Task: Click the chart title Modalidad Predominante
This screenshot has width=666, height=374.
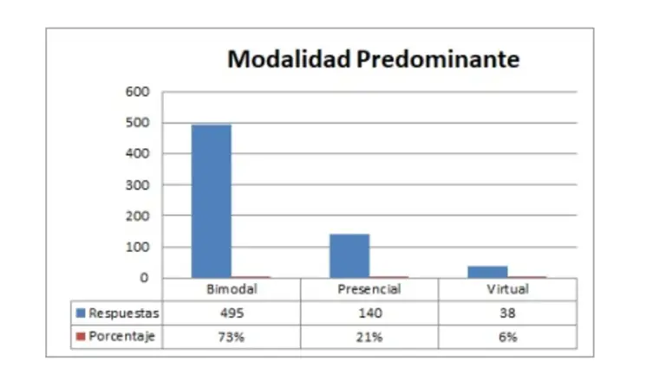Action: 374,59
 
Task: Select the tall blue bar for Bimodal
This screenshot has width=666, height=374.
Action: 212,201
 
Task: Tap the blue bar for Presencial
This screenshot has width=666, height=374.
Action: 349,255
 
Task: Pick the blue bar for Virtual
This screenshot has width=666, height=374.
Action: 487,272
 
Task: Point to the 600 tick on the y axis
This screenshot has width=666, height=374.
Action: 139,92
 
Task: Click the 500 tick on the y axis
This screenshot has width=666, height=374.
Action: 139,123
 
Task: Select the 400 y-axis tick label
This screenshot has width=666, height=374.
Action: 139,154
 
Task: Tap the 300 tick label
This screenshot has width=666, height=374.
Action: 139,185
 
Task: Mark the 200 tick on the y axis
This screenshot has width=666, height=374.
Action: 139,216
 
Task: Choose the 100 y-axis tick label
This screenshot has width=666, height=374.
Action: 139,247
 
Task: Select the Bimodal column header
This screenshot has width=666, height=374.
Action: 232,290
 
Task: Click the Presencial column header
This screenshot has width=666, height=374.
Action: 369,290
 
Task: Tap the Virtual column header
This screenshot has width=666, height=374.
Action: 507,290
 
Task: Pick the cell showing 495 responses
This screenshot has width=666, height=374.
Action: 232,313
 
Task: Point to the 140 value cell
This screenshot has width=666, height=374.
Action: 369,313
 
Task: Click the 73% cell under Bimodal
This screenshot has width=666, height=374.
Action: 232,337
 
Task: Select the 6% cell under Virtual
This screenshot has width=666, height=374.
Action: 507,337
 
